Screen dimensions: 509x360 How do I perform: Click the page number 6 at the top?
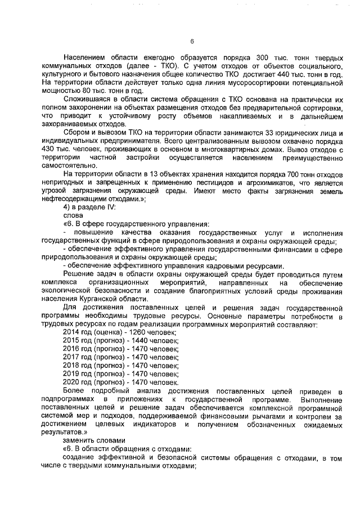tap(192, 41)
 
